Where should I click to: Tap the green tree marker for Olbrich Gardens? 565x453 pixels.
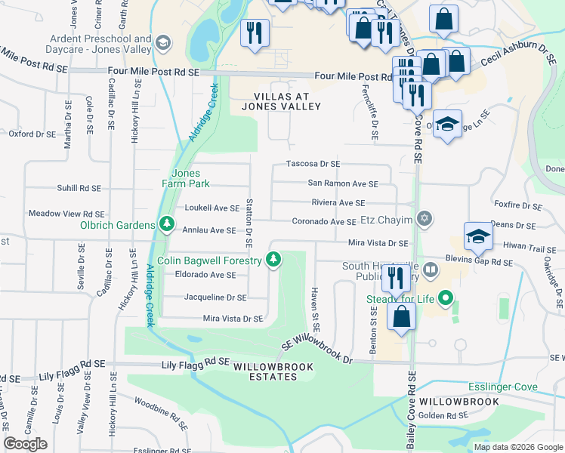(x=165, y=224)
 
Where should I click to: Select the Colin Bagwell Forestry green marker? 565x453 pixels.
(x=274, y=260)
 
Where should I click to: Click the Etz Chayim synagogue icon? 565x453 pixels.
(x=425, y=219)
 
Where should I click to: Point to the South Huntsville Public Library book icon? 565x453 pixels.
(x=430, y=269)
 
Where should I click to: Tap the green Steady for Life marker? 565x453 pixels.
(x=446, y=299)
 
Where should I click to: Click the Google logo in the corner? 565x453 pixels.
(x=25, y=444)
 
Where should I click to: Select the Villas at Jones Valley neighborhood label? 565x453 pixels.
(x=282, y=102)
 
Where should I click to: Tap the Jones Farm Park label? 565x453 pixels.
(x=185, y=178)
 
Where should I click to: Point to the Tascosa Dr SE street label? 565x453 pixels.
(x=313, y=164)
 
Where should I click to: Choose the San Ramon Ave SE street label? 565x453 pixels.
(x=343, y=183)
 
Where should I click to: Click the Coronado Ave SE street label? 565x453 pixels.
(x=324, y=222)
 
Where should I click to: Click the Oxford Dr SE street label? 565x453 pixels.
(x=32, y=134)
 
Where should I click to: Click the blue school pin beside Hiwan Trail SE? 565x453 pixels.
(x=478, y=237)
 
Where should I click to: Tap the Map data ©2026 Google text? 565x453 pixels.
(x=517, y=447)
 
